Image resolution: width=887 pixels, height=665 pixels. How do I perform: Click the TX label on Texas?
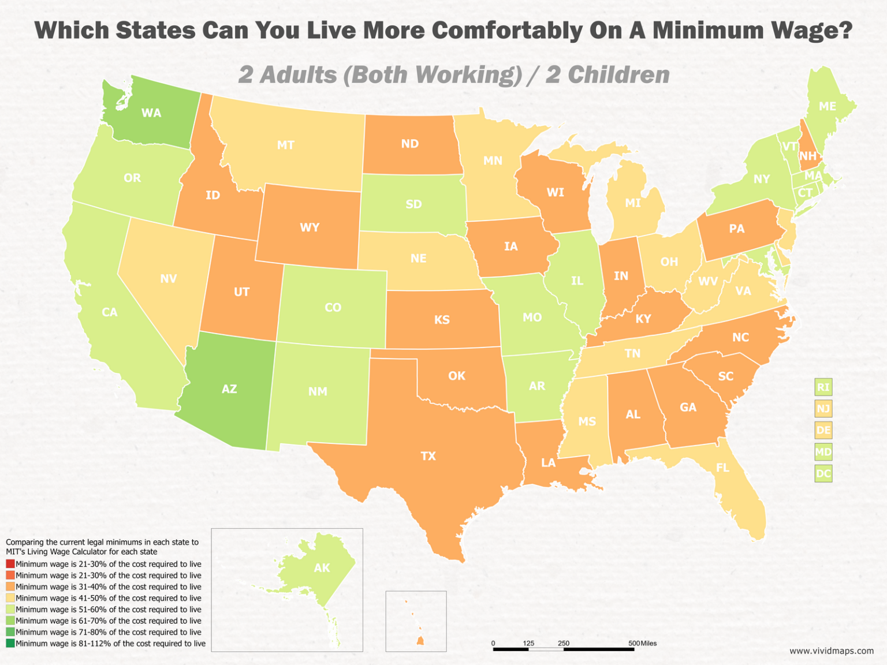click(428, 456)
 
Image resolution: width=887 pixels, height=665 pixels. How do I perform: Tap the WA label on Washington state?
click(151, 113)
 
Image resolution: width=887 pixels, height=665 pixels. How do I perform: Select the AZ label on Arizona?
click(229, 388)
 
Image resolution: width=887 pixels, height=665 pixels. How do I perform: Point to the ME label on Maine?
click(828, 106)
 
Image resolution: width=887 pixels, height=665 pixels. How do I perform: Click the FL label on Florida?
click(722, 468)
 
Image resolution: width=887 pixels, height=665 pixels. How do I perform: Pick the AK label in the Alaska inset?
click(322, 568)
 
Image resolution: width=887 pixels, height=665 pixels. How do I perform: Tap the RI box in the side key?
click(823, 387)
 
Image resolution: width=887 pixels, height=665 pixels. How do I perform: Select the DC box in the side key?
click(823, 474)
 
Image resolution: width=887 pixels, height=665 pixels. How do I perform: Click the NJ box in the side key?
click(823, 409)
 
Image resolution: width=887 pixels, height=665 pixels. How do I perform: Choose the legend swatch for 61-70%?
click(10, 621)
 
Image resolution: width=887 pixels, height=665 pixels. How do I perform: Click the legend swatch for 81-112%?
click(10, 643)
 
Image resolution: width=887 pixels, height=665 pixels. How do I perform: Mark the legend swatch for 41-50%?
click(10, 598)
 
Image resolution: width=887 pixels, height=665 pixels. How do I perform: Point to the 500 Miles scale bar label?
click(642, 643)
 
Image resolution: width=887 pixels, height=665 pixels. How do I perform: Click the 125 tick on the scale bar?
click(528, 643)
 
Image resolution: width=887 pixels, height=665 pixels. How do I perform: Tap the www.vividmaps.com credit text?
click(832, 651)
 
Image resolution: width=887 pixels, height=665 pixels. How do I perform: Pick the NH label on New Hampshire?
click(808, 156)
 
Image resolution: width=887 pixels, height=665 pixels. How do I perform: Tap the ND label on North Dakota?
click(409, 144)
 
